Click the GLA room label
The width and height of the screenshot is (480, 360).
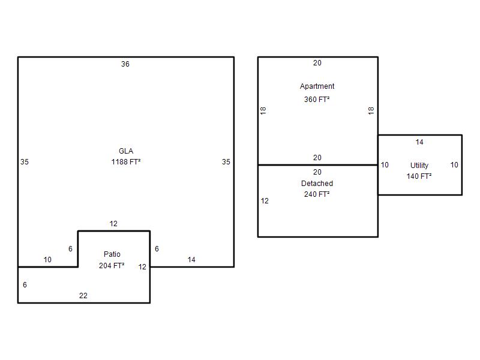[126, 151]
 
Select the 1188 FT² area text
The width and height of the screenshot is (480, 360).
[126, 161]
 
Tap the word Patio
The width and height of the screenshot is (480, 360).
[112, 254]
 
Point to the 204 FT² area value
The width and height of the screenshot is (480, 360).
[112, 265]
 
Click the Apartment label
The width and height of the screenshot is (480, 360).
[317, 86]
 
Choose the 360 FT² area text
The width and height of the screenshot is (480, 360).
[317, 100]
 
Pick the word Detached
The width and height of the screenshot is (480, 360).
[317, 184]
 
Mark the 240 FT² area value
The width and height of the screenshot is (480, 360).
[317, 194]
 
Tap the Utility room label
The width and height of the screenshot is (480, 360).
[419, 166]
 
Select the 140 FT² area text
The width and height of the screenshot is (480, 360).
[419, 176]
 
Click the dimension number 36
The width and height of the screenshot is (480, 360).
[125, 64]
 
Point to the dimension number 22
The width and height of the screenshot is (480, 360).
[83, 296]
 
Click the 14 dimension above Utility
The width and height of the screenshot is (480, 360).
[419, 142]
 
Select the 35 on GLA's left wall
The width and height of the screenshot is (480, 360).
[25, 161]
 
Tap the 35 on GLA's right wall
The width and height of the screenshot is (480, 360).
[226, 161]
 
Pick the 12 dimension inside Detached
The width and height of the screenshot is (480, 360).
[265, 201]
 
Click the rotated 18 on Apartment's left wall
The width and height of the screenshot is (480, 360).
[263, 111]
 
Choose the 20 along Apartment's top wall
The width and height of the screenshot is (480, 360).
[317, 63]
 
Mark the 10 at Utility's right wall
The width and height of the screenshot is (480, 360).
[454, 165]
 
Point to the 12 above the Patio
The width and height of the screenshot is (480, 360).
[113, 223]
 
